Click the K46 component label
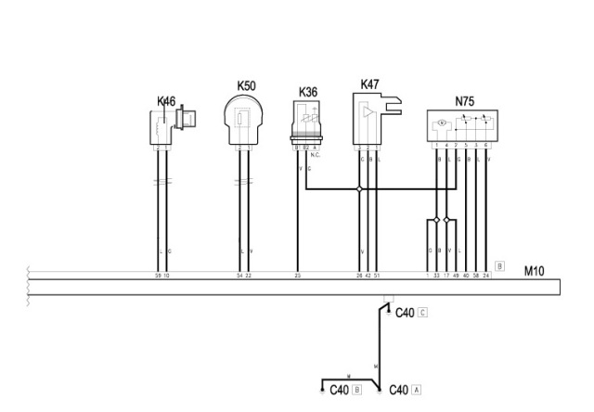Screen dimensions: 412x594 click(x=167, y=99)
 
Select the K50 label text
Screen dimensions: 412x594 click(x=246, y=85)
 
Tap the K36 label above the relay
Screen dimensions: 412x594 click(x=309, y=92)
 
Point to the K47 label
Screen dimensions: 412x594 click(x=369, y=84)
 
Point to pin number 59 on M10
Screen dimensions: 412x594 click(x=158, y=277)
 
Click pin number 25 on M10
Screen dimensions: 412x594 click(x=297, y=277)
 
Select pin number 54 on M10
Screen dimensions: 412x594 click(x=239, y=277)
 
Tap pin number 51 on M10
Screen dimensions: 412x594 click(x=376, y=277)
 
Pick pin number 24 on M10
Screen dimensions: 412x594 click(x=486, y=277)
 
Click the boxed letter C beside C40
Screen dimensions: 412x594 click(x=423, y=313)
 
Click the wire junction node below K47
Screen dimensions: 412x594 click(x=359, y=190)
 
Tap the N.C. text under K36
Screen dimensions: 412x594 click(x=316, y=154)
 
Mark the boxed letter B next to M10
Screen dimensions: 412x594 click(x=499, y=265)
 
